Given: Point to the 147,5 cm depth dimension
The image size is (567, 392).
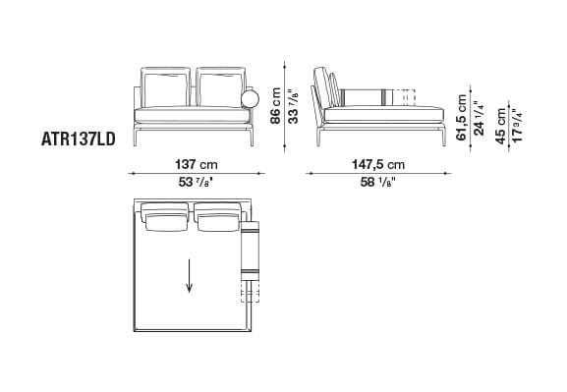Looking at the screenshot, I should pos(378,164).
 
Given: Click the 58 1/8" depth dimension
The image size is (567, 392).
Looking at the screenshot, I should pos(378,182).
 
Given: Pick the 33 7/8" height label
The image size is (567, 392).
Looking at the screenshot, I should pos(294,99).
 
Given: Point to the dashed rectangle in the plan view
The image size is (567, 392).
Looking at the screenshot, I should pos(247,292).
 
